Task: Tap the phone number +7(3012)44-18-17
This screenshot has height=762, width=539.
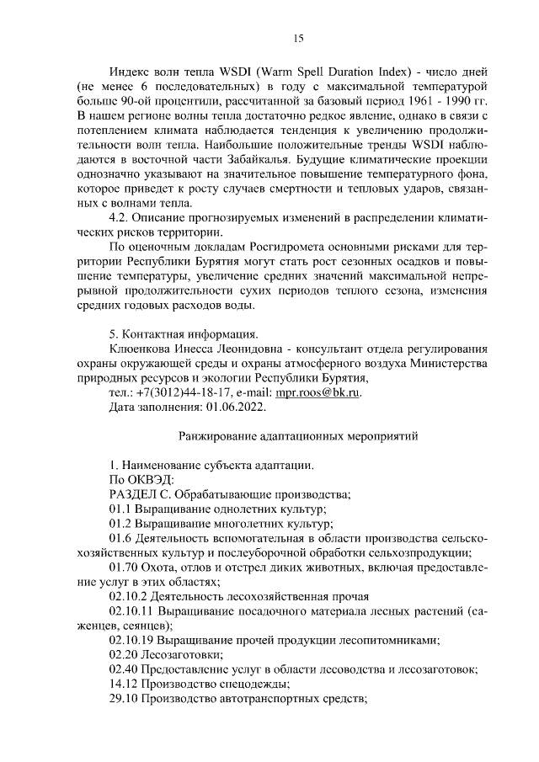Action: [180, 392]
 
